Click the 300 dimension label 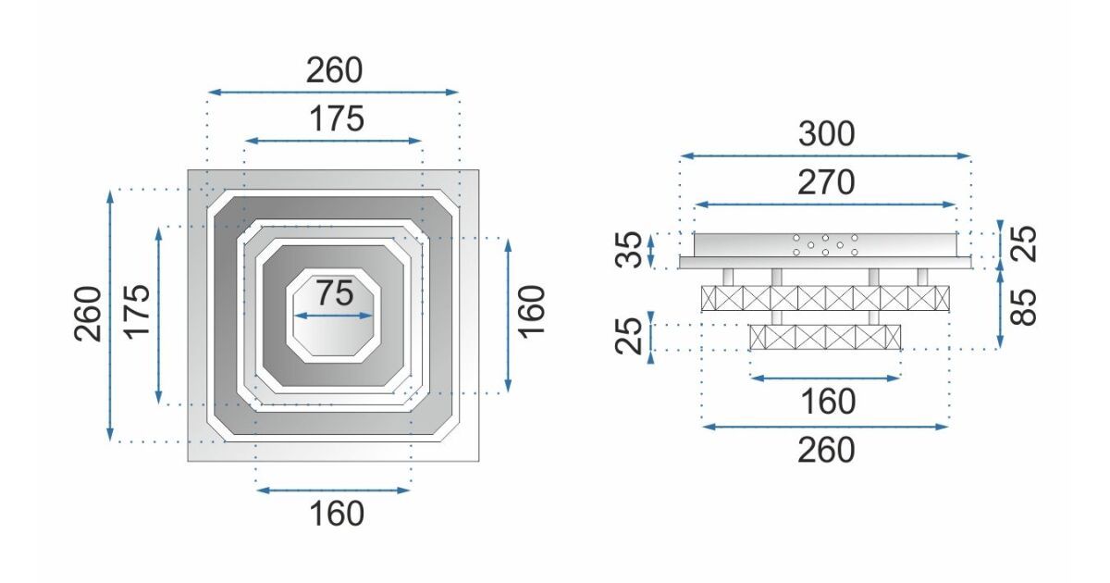pyautogui.click(x=826, y=135)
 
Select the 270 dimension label pyautogui.click(x=826, y=183)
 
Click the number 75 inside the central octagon pyautogui.click(x=334, y=293)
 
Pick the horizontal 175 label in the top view pyautogui.click(x=334, y=118)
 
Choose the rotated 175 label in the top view pyautogui.click(x=136, y=313)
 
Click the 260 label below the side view pyautogui.click(x=826, y=450)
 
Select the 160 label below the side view pyautogui.click(x=826, y=403)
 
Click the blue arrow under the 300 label pyautogui.click(x=825, y=155)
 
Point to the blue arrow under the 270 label pyautogui.click(x=825, y=204)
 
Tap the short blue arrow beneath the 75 pyautogui.click(x=334, y=316)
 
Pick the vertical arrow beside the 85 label pyautogui.click(x=1001, y=309)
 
